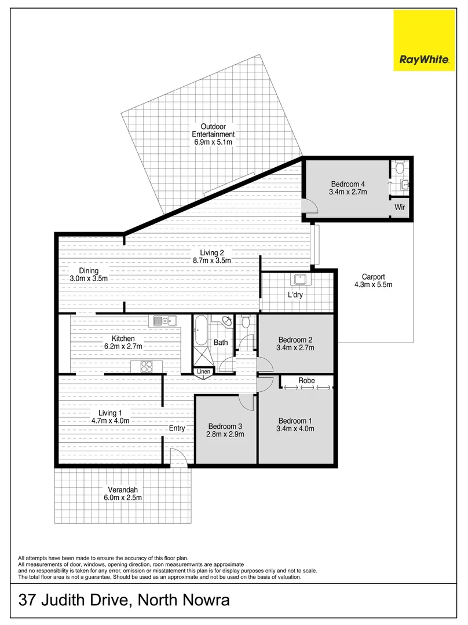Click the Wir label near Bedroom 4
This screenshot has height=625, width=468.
[x=399, y=207]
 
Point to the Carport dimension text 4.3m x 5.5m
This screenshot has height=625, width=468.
[x=373, y=285]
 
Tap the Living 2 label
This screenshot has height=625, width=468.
[x=212, y=253]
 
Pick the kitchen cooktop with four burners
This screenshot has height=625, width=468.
[x=145, y=366]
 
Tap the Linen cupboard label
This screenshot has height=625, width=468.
[x=203, y=372]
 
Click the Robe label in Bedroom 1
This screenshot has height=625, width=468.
[x=306, y=381]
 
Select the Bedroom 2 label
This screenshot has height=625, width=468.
[x=295, y=340]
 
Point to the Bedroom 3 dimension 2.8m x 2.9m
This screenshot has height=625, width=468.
[x=225, y=435]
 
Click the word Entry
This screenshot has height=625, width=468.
[x=177, y=428]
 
